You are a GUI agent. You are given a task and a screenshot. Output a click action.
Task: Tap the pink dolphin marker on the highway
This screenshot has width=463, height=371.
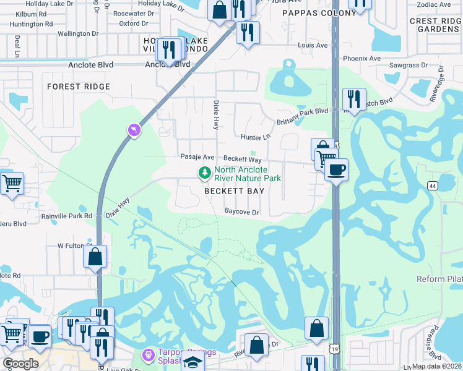133,130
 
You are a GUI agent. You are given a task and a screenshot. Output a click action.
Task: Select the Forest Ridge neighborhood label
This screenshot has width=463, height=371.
79,87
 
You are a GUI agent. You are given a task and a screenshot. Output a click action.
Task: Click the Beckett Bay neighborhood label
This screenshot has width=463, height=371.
235,191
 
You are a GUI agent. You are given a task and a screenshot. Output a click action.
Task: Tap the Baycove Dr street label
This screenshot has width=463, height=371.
241,212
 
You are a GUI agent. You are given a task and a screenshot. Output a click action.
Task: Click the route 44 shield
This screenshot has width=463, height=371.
432,185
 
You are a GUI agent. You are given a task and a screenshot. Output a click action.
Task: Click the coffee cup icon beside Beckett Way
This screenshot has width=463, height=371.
336,170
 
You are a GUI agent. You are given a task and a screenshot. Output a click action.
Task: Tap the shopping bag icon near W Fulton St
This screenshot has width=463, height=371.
95,257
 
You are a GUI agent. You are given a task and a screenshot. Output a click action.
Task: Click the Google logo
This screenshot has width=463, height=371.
20,364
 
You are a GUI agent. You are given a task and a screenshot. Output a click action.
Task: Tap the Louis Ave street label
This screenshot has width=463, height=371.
313,45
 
